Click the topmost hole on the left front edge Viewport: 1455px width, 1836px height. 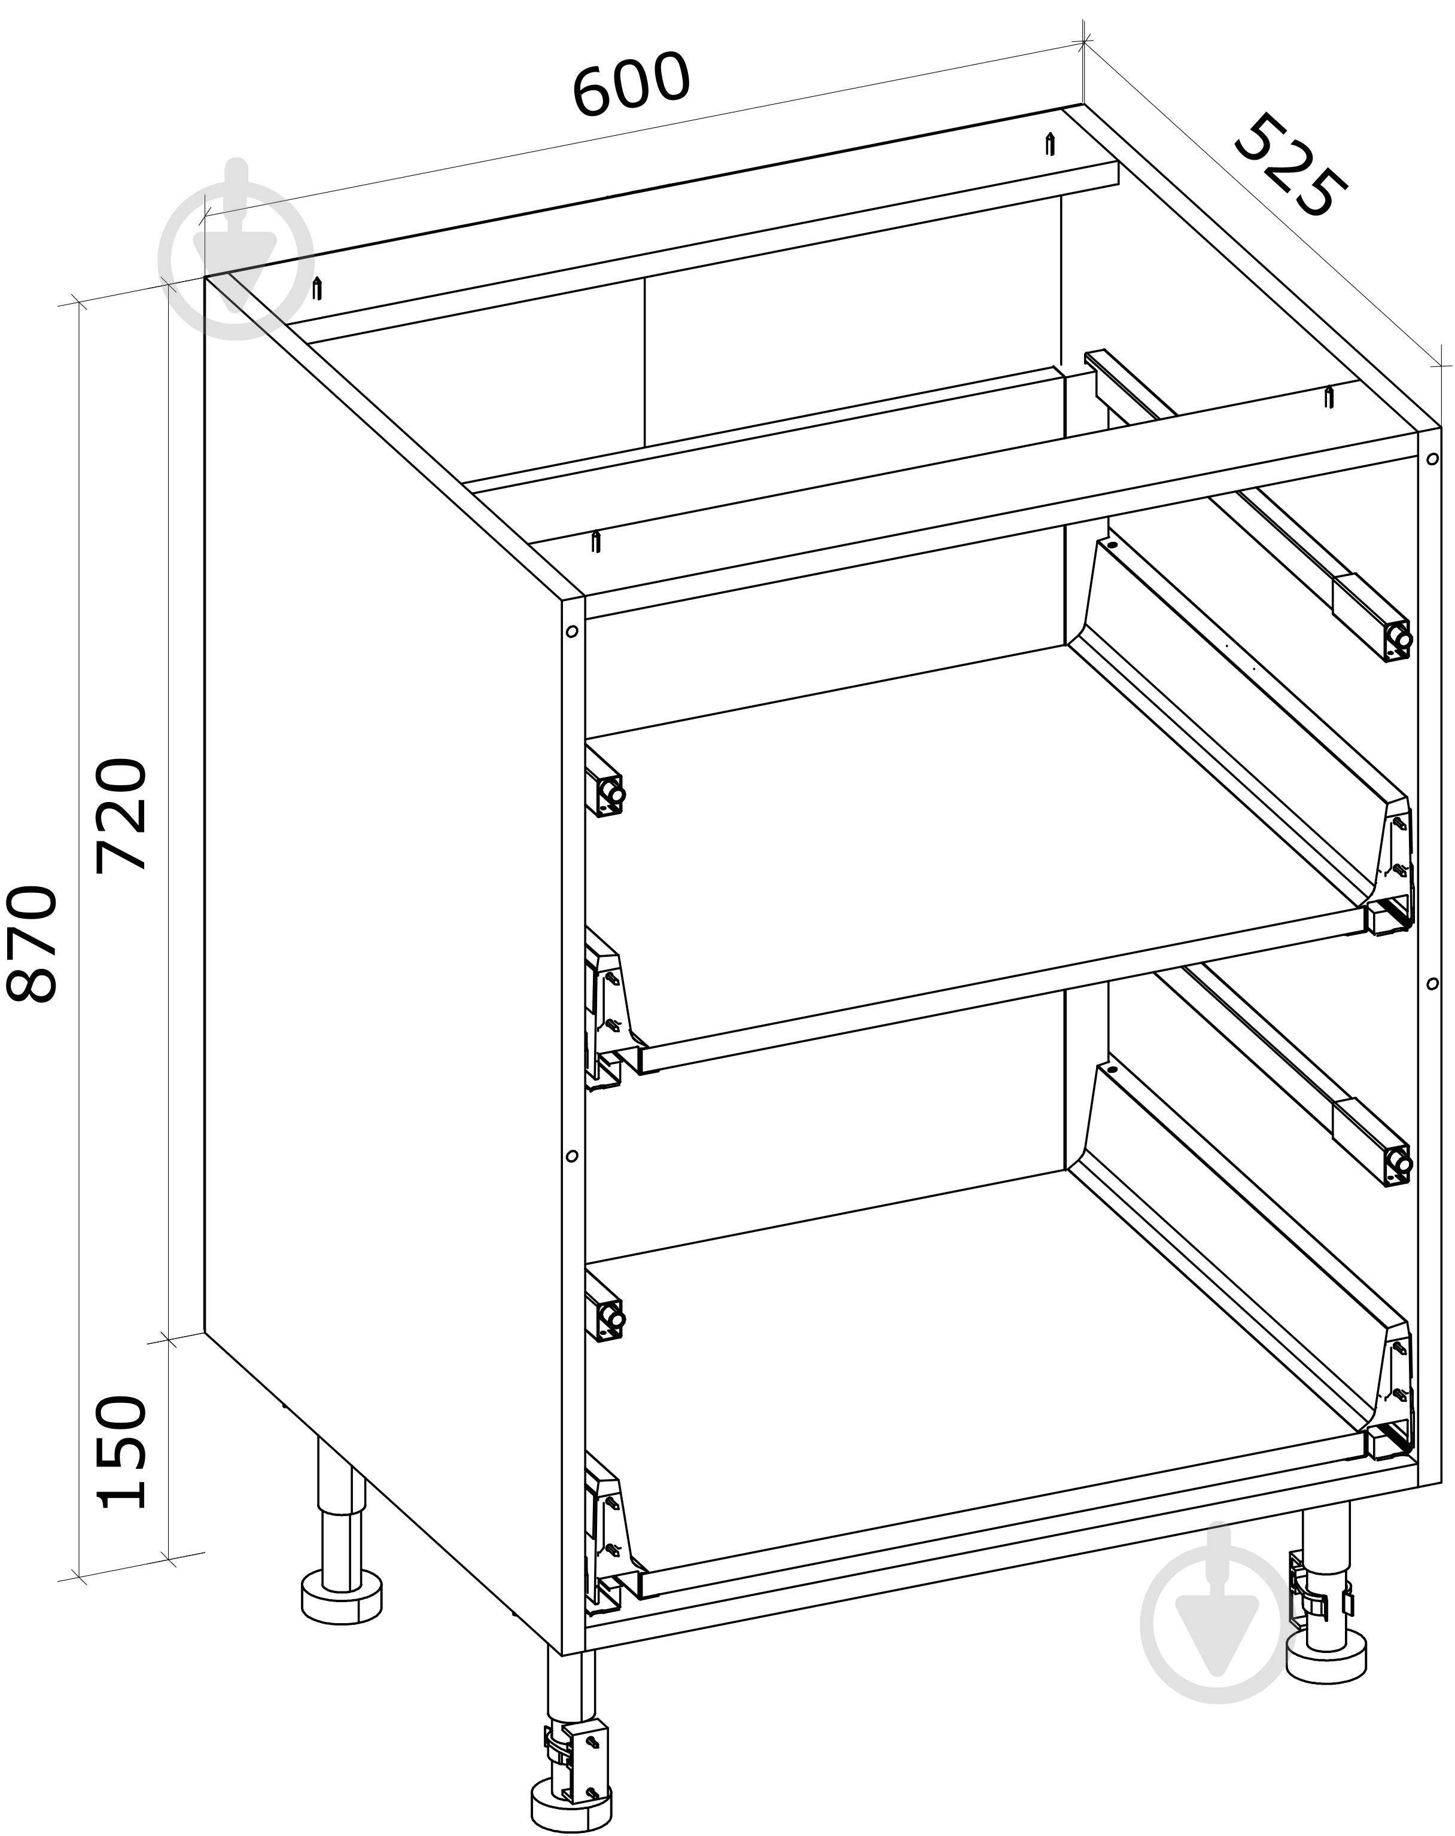pos(571,632)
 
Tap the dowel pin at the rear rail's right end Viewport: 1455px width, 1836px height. pos(1051,145)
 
